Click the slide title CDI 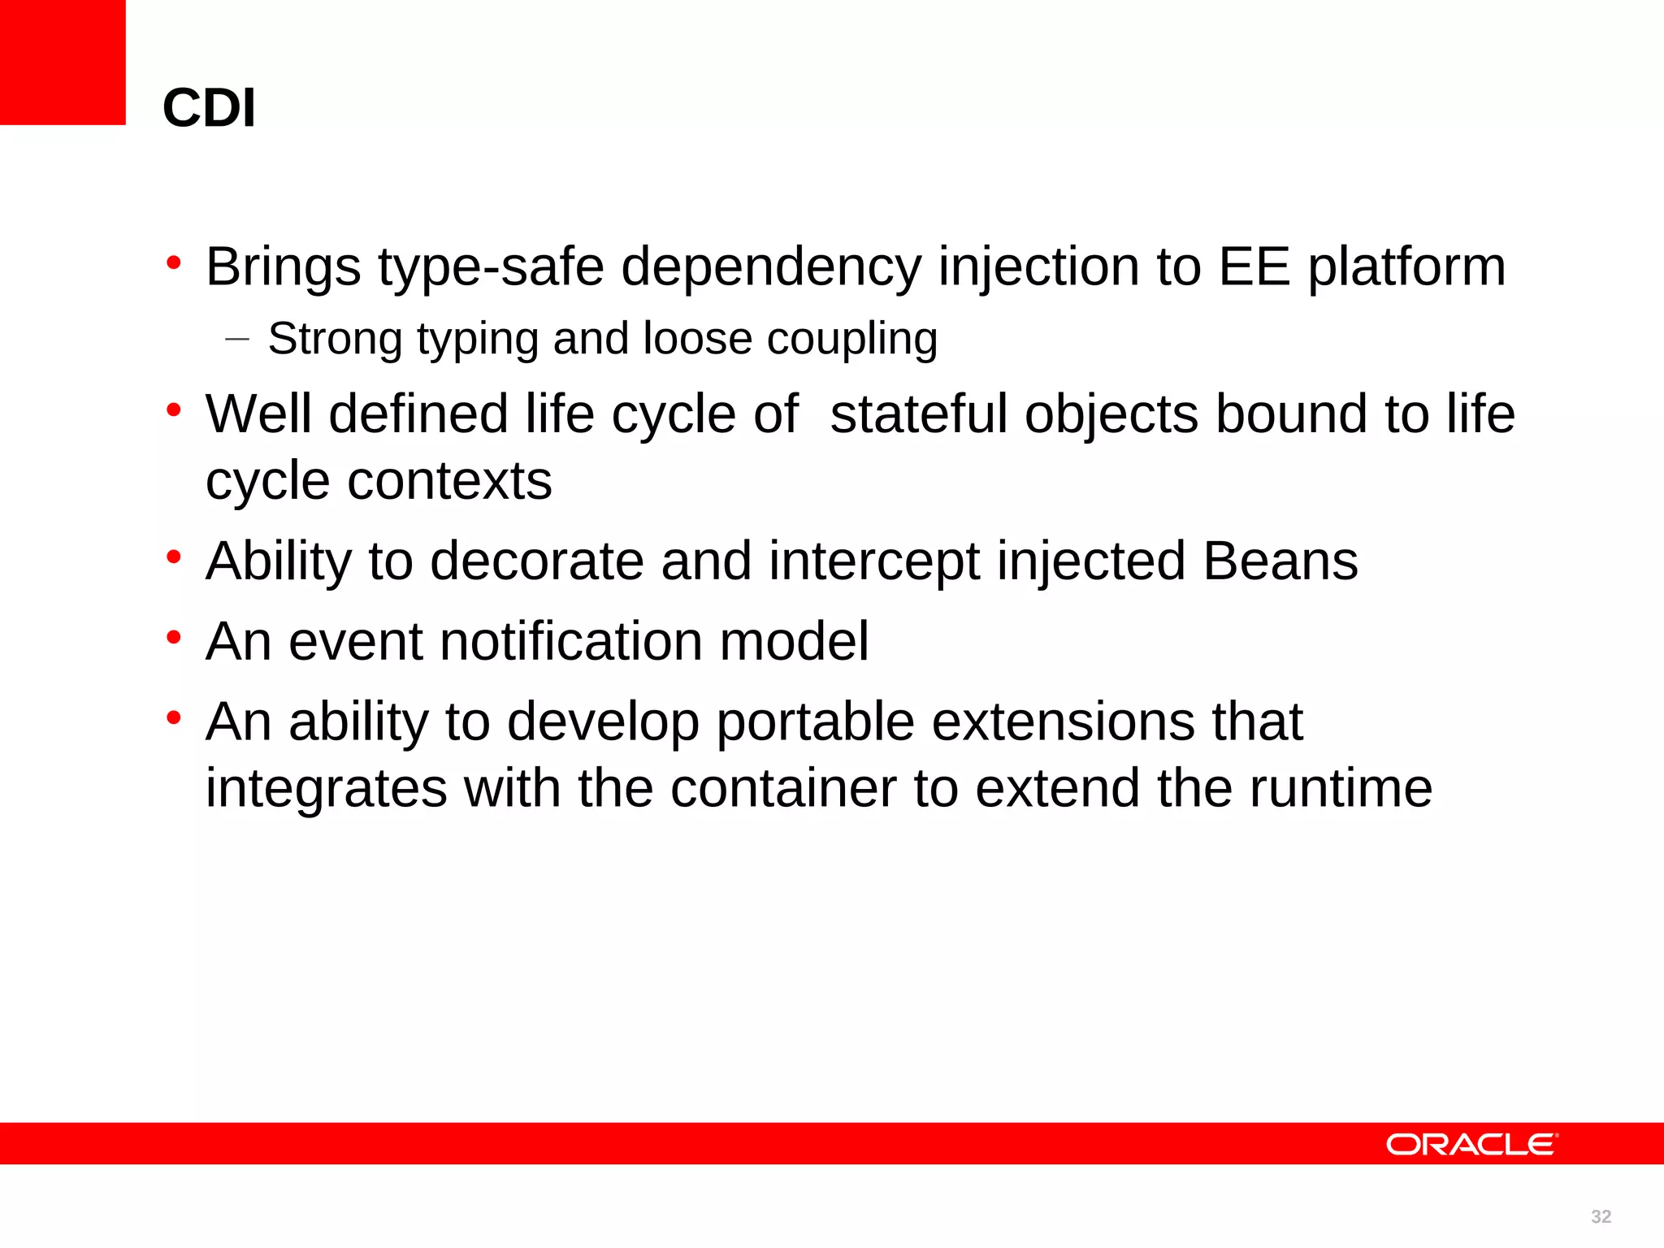coord(209,108)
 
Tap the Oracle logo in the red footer coord(1471,1145)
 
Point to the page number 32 coord(1601,1216)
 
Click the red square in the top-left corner coord(63,62)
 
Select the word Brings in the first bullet coord(283,266)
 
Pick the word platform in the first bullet coord(1406,268)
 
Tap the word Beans coord(1280,561)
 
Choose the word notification coord(571,642)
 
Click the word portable coord(815,723)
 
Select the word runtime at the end coord(1340,789)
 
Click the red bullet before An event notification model coord(173,637)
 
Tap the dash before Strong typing coord(236,339)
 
